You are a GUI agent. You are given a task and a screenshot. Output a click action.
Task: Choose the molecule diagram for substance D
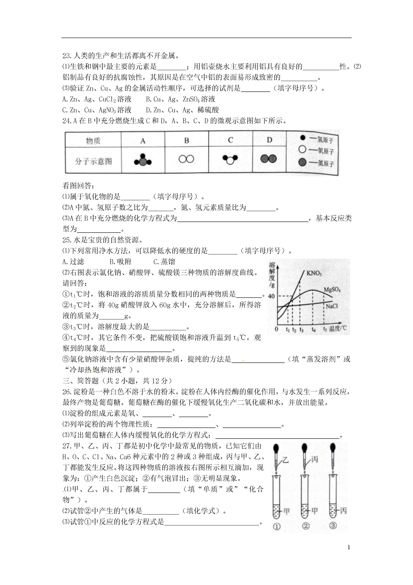268,159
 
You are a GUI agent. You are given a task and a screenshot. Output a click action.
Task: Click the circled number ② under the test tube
306,526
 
